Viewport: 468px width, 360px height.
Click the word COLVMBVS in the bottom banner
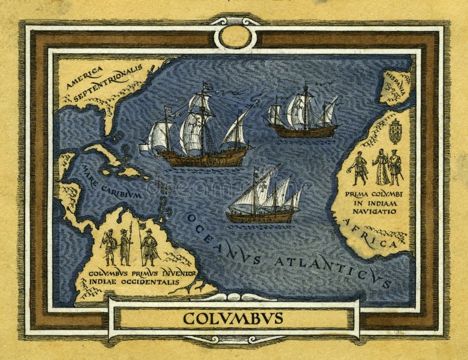[x=233, y=319]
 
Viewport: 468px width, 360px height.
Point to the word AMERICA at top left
[x=84, y=77]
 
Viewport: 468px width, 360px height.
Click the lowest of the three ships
[x=263, y=199]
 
